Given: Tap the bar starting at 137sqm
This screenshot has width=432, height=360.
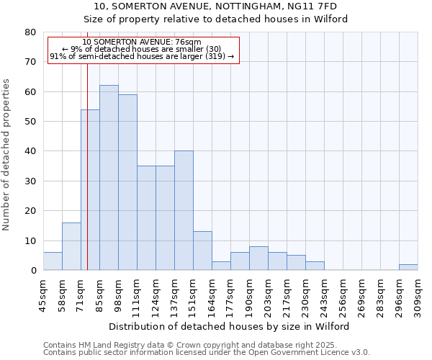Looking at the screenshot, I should (x=184, y=210).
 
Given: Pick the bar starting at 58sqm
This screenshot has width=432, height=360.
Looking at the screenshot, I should (x=71, y=246).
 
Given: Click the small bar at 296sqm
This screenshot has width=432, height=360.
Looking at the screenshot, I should (x=408, y=267).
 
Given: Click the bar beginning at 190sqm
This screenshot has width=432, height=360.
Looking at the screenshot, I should (x=258, y=258).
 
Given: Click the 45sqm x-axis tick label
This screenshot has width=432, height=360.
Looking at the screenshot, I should (x=44, y=293).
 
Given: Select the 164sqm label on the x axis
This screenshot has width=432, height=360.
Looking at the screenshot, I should (x=212, y=293).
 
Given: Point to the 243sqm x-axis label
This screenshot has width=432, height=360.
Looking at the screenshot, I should (x=325, y=293).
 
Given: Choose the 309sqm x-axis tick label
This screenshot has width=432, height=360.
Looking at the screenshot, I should (x=418, y=293).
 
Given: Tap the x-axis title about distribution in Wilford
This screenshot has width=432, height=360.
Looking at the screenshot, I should (x=230, y=326).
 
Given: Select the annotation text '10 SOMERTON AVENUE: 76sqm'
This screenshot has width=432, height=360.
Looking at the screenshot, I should (x=142, y=42).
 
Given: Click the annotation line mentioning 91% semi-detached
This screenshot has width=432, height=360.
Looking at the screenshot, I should (x=142, y=56).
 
